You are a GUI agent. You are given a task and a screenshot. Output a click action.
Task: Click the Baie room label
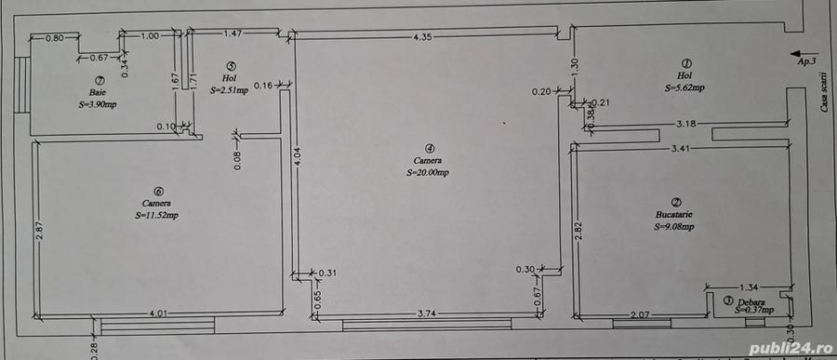pyautogui.click(x=97, y=93)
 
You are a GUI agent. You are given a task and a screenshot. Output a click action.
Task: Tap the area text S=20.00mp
pyautogui.click(x=429, y=173)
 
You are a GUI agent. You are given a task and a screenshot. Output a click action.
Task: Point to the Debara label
pyautogui.click(x=751, y=303)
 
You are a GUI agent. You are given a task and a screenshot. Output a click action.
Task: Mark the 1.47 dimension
pyautogui.click(x=233, y=34)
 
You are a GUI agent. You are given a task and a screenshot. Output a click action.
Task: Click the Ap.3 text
pyautogui.click(x=806, y=61)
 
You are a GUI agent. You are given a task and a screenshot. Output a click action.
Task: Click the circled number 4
pyautogui.click(x=429, y=148)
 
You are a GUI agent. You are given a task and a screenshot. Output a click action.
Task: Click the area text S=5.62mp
pyautogui.click(x=684, y=88)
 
